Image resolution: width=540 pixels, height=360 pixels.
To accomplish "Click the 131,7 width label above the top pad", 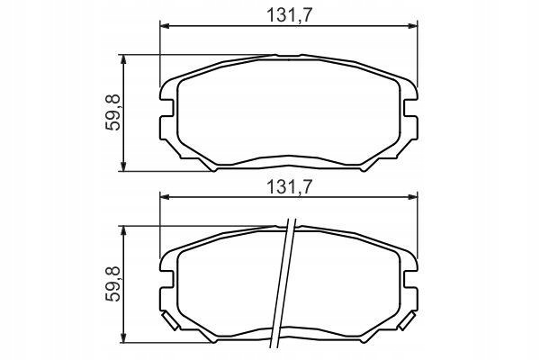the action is [289, 15].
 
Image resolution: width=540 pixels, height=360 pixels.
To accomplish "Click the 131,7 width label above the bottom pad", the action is [289, 187].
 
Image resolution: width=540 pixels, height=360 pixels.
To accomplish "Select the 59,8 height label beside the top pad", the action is [112, 112].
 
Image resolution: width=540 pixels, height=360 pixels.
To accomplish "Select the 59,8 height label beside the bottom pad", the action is [112, 283].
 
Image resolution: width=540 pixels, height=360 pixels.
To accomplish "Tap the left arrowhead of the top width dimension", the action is [166, 26].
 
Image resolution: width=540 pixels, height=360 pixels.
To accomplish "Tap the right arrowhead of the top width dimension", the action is [412, 26].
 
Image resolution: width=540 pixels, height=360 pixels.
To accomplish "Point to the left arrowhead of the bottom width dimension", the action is [166, 197].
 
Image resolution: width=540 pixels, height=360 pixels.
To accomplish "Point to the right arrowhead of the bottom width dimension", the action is [412, 197].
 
